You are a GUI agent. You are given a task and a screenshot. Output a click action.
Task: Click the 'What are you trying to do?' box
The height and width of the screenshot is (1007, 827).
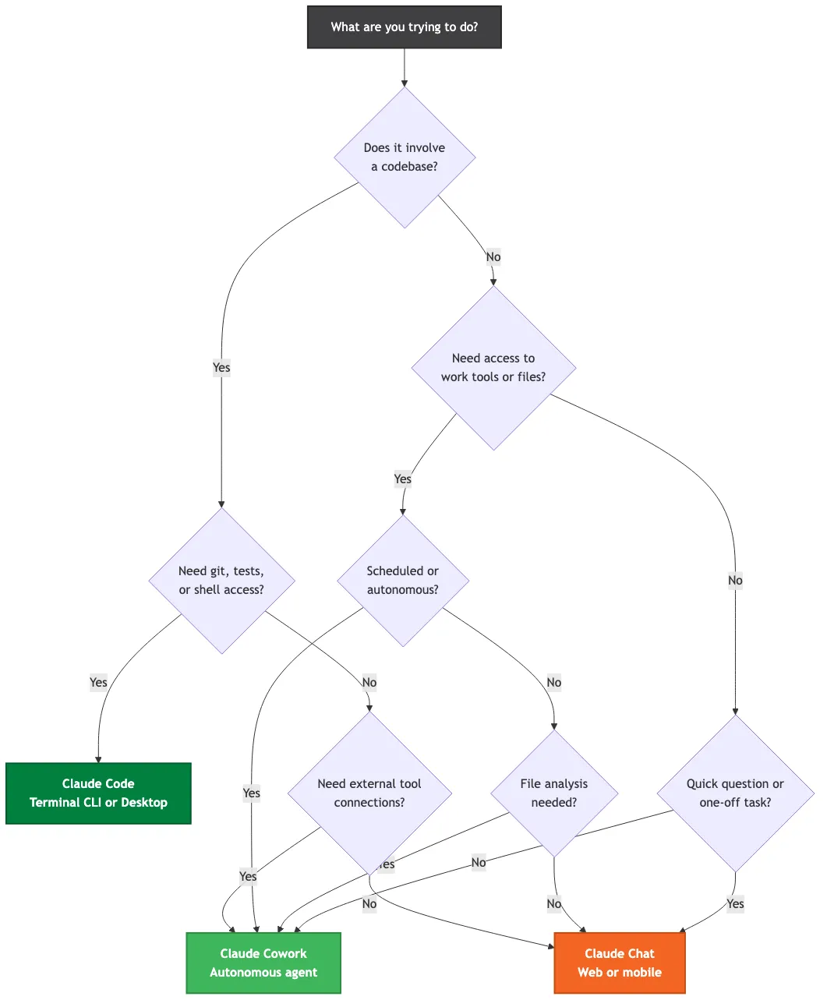tap(404, 27)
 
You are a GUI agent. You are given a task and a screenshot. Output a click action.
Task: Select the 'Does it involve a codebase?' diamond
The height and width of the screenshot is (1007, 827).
tap(404, 157)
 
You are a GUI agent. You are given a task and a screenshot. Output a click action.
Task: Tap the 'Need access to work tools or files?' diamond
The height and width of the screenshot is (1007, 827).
tap(493, 368)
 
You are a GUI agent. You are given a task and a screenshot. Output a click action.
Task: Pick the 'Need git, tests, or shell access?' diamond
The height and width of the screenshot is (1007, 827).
tap(221, 581)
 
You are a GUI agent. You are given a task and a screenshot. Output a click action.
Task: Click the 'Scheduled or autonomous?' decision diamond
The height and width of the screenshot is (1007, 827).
tap(402, 581)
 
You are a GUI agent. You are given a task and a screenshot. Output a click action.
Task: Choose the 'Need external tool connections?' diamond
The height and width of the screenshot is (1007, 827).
tap(369, 793)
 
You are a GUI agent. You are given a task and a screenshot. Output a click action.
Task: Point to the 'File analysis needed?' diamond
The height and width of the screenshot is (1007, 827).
tap(553, 793)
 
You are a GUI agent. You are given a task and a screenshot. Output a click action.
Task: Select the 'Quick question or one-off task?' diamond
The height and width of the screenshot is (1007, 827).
tap(734, 793)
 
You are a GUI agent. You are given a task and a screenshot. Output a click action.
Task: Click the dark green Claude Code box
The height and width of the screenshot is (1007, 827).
tap(98, 793)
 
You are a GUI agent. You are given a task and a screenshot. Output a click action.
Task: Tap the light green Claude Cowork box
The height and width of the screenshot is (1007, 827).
tap(263, 963)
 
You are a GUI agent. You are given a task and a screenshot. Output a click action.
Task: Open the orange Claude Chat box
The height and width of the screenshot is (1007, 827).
tap(619, 963)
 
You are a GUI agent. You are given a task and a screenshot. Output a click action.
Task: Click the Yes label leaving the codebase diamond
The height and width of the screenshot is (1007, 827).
tap(221, 367)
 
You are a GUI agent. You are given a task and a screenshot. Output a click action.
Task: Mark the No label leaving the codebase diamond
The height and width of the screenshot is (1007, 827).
tap(493, 256)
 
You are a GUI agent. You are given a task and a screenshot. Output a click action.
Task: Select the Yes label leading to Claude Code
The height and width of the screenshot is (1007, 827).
tap(98, 682)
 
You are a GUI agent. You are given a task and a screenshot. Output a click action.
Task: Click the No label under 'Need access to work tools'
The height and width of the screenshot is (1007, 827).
tap(735, 580)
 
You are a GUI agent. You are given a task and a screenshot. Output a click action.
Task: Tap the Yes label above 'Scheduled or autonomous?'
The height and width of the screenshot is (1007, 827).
tap(402, 479)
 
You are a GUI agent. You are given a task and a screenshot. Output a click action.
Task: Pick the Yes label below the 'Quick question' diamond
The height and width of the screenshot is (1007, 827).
tap(735, 903)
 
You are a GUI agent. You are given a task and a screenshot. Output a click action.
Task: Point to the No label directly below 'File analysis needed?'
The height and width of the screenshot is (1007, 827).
tap(553, 903)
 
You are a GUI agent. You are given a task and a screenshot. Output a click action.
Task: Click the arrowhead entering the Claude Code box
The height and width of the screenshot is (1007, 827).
tap(98, 759)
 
